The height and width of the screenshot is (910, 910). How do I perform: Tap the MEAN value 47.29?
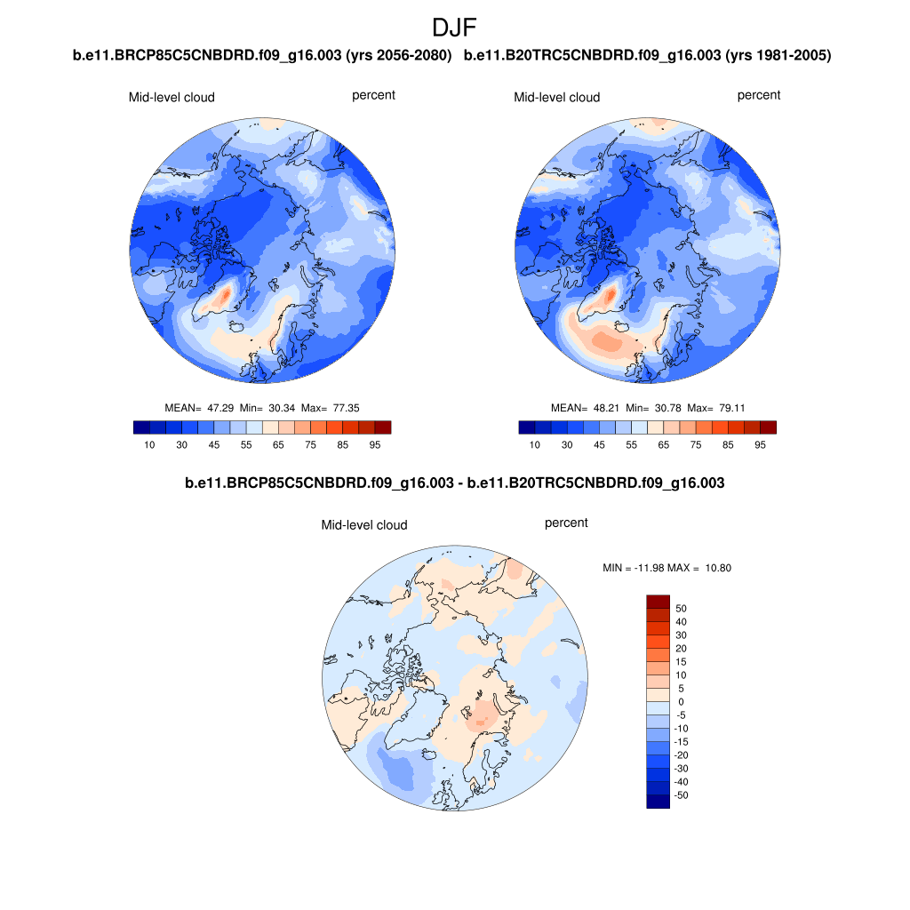(x=219, y=407)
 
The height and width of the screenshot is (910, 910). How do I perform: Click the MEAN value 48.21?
(x=604, y=408)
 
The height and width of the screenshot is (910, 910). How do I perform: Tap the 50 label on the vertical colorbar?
(x=682, y=609)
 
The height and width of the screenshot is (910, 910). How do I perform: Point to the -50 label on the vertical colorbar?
(x=682, y=795)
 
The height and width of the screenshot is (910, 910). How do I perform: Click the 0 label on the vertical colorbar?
(x=681, y=702)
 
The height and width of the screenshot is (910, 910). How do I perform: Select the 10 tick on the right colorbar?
(x=535, y=444)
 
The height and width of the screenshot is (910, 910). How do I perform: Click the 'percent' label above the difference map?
(x=566, y=523)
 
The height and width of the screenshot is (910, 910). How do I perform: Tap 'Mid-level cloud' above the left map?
(x=172, y=97)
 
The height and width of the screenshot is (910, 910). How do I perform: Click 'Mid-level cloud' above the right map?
(x=557, y=97)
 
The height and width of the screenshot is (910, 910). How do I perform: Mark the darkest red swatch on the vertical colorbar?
(x=657, y=602)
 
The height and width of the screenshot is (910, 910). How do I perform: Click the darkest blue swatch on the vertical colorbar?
(x=657, y=802)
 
